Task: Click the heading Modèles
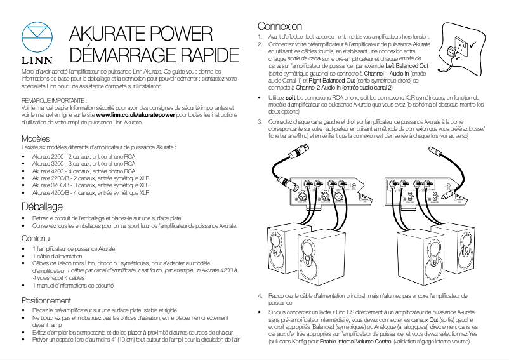point(36,138)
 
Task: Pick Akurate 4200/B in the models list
point(50,192)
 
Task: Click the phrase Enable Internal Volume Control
point(357,342)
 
